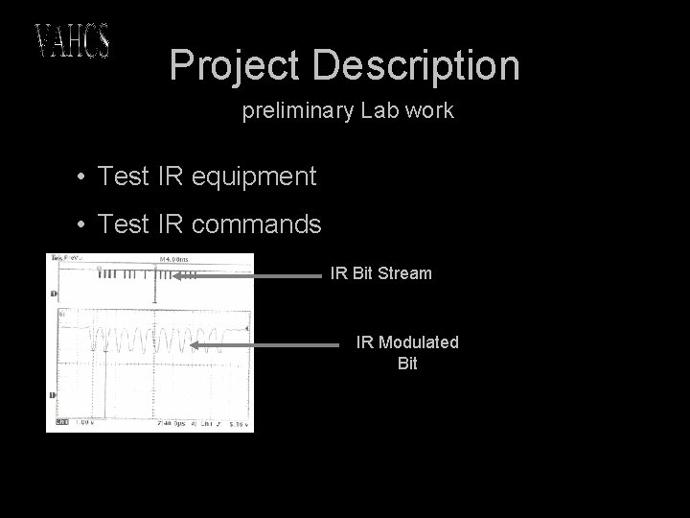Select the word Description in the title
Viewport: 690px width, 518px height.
tap(416, 65)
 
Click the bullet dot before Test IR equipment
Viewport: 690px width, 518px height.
tap(84, 177)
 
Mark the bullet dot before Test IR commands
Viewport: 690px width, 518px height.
tap(84, 224)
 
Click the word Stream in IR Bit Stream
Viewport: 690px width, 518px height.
tap(405, 273)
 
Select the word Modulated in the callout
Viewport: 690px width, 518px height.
tap(419, 342)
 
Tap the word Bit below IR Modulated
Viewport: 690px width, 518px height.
tap(407, 365)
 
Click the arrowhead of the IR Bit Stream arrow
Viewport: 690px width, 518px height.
tap(176, 274)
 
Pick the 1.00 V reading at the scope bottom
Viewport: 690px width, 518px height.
tap(84, 422)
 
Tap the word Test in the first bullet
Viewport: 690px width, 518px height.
tap(125, 177)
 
